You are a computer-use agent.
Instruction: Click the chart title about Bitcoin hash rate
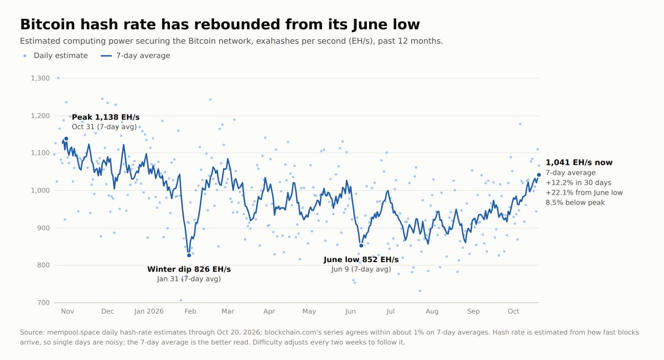[220, 24]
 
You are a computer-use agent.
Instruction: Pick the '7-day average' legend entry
[136, 56]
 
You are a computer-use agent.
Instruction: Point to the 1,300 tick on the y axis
[40, 78]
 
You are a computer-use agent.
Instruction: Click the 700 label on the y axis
[44, 303]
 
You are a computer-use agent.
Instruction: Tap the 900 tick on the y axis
[44, 228]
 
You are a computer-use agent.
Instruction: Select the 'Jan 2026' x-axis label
[149, 311]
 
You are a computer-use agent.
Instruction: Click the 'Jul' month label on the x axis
[391, 311]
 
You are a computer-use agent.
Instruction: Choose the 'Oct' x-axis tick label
[513, 311]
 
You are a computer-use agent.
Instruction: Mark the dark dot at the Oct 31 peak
[66, 139]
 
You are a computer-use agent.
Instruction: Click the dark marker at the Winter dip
[189, 255]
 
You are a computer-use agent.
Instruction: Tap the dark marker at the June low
[361, 246]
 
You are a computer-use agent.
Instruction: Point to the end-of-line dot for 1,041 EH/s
[539, 175]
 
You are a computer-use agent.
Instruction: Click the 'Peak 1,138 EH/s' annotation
[106, 117]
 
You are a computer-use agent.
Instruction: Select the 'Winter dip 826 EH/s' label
[189, 269]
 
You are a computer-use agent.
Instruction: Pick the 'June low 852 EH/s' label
[361, 259]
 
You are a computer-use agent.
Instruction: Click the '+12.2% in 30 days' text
[578, 183]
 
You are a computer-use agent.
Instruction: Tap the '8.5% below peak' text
[575, 202]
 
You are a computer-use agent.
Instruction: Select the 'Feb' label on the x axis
[190, 311]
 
